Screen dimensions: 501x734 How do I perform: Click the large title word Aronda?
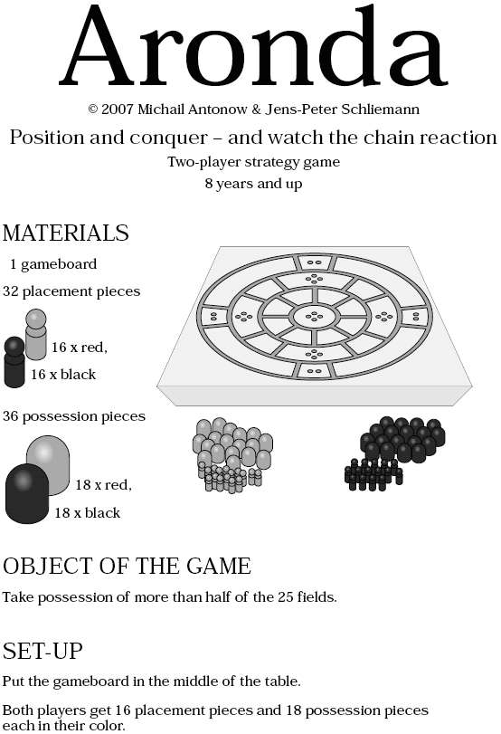click(x=253, y=46)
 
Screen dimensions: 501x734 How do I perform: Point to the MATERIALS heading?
click(x=65, y=234)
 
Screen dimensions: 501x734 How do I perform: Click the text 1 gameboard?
click(x=53, y=264)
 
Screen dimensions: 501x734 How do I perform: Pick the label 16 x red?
click(x=79, y=348)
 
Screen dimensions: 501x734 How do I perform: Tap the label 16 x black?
click(x=63, y=375)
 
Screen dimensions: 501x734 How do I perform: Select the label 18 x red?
click(x=103, y=485)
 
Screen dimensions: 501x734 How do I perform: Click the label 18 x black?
click(x=88, y=513)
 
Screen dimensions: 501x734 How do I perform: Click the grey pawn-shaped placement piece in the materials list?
click(x=36, y=334)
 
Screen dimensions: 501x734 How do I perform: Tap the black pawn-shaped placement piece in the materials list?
click(x=14, y=362)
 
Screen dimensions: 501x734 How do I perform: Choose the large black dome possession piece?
click(x=26, y=493)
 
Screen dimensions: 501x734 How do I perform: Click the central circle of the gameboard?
click(x=315, y=317)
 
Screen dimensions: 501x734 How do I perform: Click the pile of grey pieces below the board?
click(x=232, y=455)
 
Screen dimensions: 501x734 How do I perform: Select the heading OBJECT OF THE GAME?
click(x=127, y=567)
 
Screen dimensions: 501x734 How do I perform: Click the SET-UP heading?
click(x=43, y=651)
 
